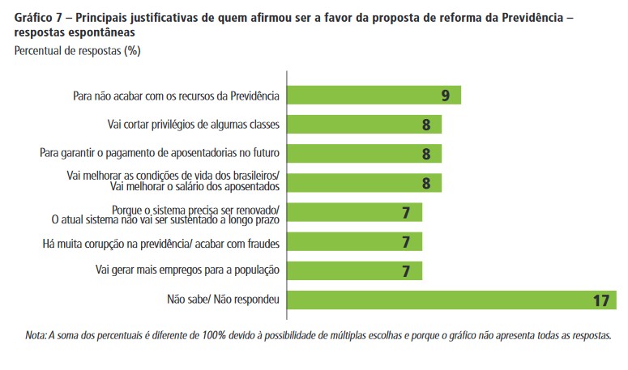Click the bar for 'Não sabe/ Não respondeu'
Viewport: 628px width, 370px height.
450,300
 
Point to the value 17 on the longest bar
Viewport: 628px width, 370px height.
600,300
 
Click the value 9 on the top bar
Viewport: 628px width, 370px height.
446,96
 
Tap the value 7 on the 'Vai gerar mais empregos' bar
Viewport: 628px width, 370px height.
407,271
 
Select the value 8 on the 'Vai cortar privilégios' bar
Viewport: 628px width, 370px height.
426,125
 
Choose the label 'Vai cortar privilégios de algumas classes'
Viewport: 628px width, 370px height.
194,125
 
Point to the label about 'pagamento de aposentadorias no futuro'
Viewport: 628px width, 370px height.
160,154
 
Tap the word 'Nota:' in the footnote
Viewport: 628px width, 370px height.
36,334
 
